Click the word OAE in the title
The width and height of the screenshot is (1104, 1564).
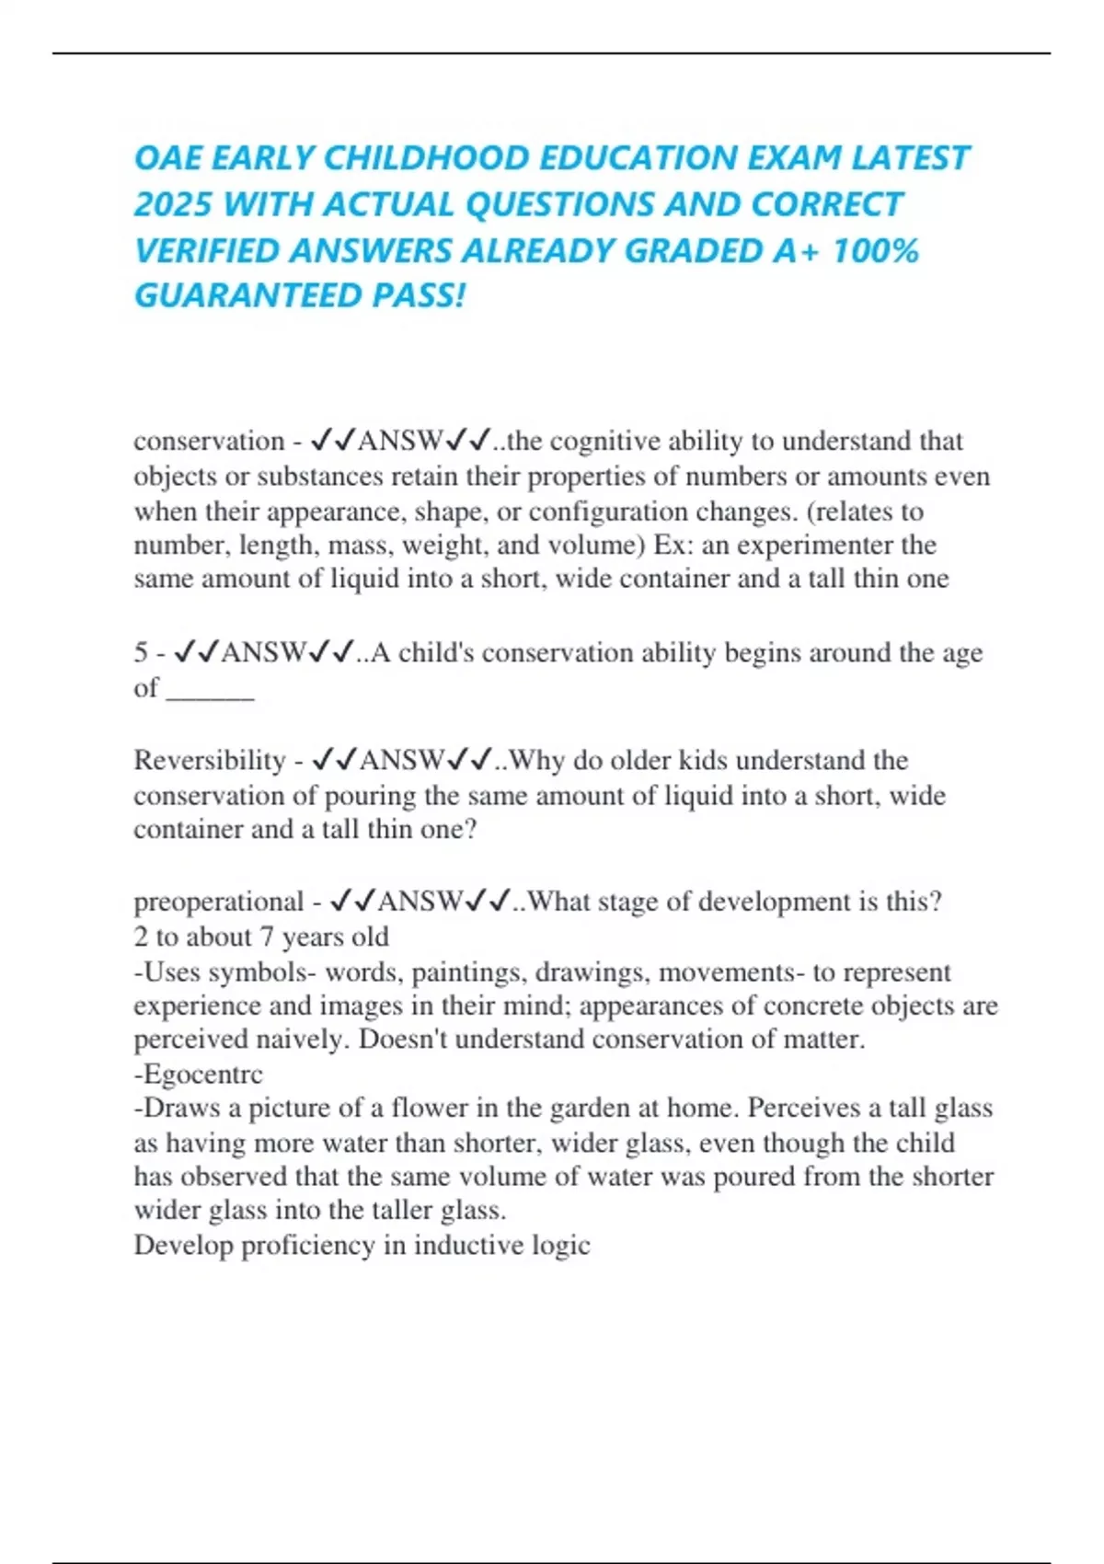coord(167,158)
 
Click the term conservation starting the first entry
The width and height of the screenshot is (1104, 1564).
coord(209,442)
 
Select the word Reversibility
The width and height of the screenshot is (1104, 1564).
coord(210,761)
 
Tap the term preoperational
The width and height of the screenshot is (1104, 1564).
coord(218,902)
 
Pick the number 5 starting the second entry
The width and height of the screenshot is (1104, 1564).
coord(141,653)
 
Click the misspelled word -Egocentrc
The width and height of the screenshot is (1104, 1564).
coord(199,1075)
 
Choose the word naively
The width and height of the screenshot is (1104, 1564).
coord(301,1040)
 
